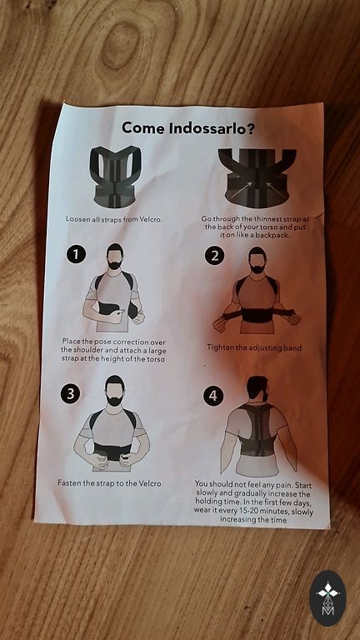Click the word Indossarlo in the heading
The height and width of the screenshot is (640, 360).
pos(212,128)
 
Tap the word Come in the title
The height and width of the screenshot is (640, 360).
pos(143,128)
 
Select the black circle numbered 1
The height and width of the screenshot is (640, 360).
pos(76,254)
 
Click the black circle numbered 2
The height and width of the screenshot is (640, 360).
pos(215,256)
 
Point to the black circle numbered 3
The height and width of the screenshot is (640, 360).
pos(71,394)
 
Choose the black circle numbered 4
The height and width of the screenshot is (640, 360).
pos(213,396)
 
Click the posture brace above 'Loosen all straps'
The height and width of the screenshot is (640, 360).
pos(116,177)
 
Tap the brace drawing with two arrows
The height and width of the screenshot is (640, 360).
pos(257,178)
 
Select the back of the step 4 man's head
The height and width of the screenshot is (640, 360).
pos(257,387)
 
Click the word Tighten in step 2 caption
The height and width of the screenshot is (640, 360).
pos(220,347)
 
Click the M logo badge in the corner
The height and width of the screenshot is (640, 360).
pos(327,598)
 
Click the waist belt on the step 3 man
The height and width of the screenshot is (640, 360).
pos(113,450)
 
